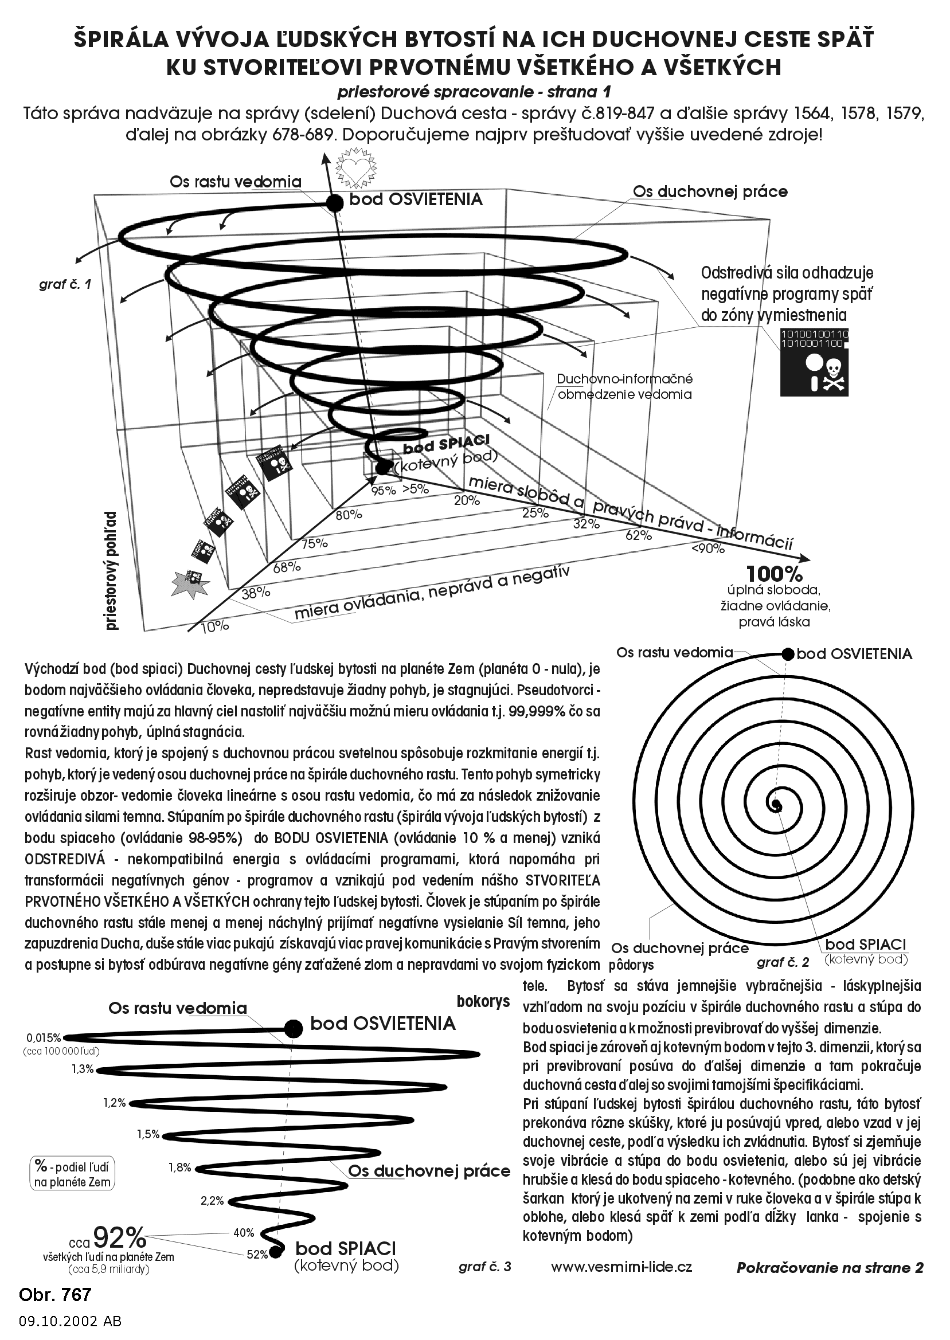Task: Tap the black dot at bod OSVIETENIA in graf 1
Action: [x=334, y=203]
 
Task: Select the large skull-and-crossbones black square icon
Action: [x=814, y=362]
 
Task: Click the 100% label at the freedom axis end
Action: [x=774, y=572]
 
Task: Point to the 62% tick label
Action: [x=638, y=534]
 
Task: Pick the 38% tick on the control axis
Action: [x=256, y=592]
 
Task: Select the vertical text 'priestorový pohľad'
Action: [x=112, y=571]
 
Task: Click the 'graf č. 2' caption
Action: [x=783, y=962]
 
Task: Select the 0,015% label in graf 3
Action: [x=44, y=1038]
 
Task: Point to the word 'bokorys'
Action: [x=483, y=1001]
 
